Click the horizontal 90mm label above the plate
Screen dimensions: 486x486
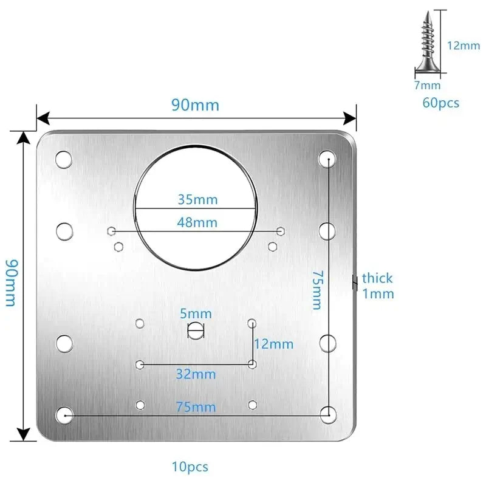point(194,104)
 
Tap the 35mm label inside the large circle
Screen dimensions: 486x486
point(197,199)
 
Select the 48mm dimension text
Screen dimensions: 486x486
point(197,222)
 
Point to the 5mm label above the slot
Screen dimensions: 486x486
point(196,313)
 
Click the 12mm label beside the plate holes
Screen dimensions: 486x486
point(273,344)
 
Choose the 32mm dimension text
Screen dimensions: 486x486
point(196,374)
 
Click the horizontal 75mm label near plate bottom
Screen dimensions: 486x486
point(196,407)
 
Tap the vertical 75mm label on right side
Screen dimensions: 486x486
point(317,290)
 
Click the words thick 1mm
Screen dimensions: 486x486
point(378,286)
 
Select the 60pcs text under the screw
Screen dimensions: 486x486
point(441,103)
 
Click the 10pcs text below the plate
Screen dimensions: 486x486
point(190,467)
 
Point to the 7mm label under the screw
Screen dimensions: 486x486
point(427,86)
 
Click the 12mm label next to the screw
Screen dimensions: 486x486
point(464,46)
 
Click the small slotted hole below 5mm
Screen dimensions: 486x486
point(196,330)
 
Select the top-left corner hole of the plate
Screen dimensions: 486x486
point(64,160)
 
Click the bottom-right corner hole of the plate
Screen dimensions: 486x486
point(328,414)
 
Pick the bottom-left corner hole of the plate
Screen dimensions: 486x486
point(64,414)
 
